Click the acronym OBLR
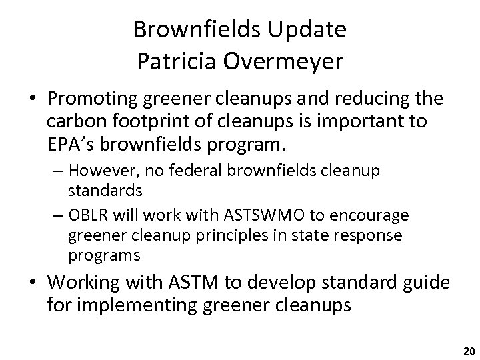(x=100, y=215)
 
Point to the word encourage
(x=374, y=215)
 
